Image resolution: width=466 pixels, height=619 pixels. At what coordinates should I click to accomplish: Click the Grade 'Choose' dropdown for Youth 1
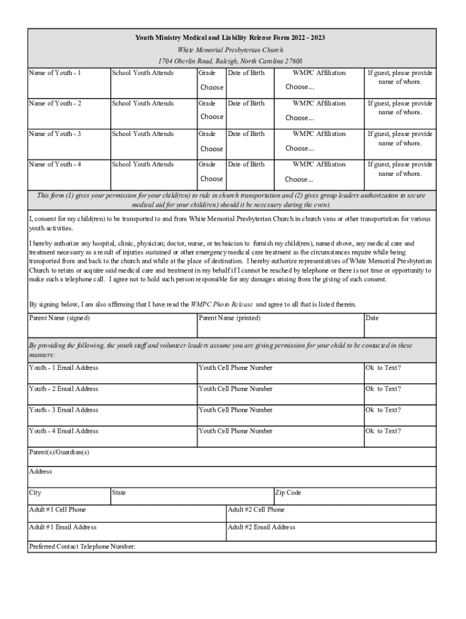tap(212, 87)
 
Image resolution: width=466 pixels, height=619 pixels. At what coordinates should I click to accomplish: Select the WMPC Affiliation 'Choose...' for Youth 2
tap(300, 118)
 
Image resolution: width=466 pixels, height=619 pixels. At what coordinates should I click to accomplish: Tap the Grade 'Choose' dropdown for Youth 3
tap(212, 149)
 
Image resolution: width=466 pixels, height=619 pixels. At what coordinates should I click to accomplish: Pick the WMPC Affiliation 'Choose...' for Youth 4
tap(300, 180)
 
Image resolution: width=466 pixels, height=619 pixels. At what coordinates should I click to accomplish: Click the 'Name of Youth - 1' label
tap(55, 73)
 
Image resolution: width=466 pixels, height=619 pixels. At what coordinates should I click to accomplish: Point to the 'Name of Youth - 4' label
tap(55, 164)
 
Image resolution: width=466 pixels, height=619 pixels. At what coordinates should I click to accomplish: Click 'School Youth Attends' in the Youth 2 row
tap(143, 103)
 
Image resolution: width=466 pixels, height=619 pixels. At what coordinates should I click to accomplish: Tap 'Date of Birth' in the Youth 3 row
tap(246, 134)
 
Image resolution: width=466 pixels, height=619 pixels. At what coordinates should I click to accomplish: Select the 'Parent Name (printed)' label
tap(230, 318)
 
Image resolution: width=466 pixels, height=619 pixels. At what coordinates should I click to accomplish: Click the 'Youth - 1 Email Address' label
tap(64, 368)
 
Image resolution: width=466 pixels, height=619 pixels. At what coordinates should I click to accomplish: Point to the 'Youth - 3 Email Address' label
tap(64, 410)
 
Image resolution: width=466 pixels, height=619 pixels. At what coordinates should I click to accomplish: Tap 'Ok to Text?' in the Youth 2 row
tap(382, 389)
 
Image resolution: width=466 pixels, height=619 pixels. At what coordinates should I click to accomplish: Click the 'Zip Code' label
tap(288, 493)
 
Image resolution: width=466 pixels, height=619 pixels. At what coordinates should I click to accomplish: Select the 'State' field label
tap(119, 493)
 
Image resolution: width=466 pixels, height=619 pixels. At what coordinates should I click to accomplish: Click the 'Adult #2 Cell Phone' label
tap(256, 510)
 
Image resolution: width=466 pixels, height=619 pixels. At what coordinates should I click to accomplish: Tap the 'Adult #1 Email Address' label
tap(63, 527)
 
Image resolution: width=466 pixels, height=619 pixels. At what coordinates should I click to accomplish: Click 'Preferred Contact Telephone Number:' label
tap(82, 546)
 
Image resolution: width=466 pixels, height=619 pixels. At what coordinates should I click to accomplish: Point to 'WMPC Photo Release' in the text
tap(222, 304)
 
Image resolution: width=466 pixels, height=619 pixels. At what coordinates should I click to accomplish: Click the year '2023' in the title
tap(316, 38)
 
